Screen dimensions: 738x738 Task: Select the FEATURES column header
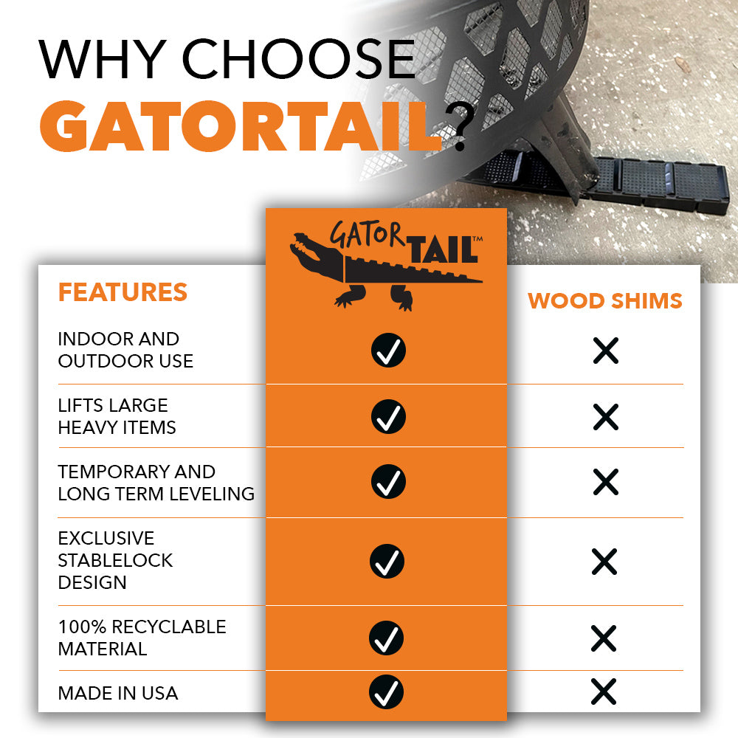click(x=123, y=292)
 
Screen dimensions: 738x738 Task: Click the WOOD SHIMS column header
click(x=604, y=301)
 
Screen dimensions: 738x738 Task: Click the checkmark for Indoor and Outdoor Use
click(x=387, y=351)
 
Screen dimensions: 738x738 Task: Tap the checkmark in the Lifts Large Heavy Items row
click(x=387, y=416)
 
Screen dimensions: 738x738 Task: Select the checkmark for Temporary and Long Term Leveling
click(x=387, y=481)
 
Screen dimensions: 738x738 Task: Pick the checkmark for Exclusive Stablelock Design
click(x=387, y=561)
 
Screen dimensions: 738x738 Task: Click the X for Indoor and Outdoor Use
click(x=605, y=351)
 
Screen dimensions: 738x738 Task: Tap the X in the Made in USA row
click(x=604, y=692)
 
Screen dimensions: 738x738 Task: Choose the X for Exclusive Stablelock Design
click(x=604, y=562)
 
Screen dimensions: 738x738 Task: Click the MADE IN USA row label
click(x=118, y=693)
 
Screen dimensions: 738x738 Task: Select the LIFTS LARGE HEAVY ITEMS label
click(x=117, y=416)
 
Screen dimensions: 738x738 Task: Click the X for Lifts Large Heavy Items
click(x=605, y=417)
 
